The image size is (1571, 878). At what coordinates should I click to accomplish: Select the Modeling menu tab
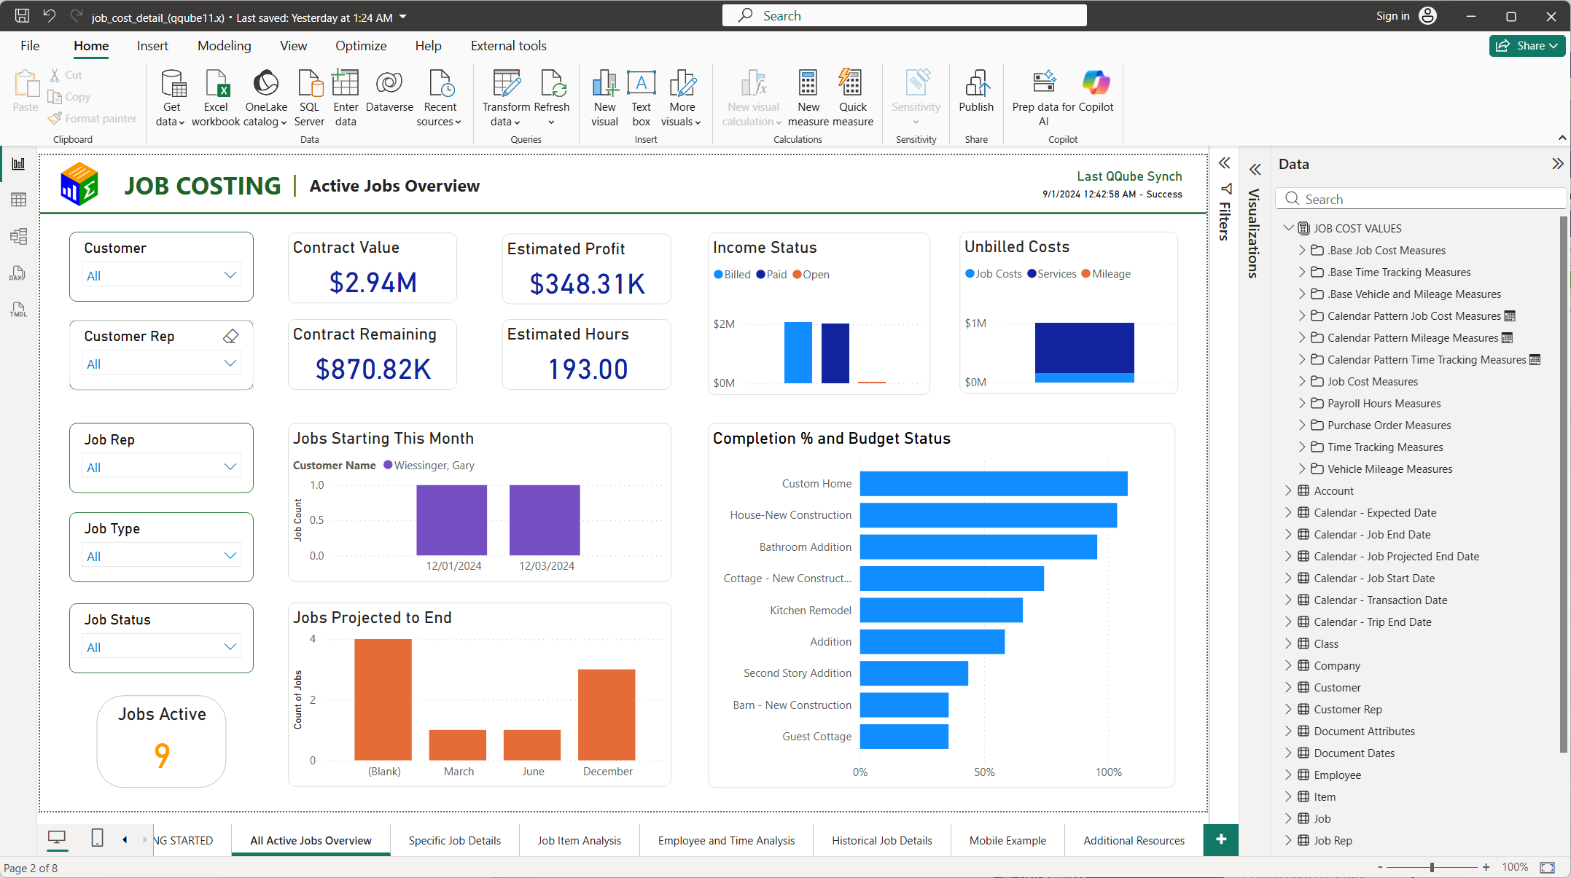click(x=224, y=46)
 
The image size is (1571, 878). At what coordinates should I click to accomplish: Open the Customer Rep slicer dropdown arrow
click(x=230, y=363)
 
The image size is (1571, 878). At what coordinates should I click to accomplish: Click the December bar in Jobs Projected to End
click(x=607, y=714)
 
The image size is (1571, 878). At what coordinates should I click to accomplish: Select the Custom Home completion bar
click(x=994, y=484)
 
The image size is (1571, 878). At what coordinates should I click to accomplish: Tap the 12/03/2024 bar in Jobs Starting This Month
click(x=545, y=520)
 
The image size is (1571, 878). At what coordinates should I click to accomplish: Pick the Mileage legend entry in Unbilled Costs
click(x=1106, y=274)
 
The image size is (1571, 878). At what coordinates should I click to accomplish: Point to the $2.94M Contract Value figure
click(x=373, y=283)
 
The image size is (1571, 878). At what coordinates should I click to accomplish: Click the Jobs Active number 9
click(x=162, y=756)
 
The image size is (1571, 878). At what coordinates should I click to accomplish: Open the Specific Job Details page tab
click(x=454, y=840)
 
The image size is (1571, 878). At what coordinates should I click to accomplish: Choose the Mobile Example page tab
click(x=1007, y=840)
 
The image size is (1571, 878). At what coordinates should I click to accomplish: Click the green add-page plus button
click(x=1221, y=839)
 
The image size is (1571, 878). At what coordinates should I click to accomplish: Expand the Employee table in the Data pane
click(x=1288, y=775)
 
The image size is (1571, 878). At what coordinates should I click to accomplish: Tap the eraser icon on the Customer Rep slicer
click(x=230, y=336)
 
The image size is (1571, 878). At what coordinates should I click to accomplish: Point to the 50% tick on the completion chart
click(x=984, y=772)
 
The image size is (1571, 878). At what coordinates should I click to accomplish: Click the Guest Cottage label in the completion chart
click(x=816, y=737)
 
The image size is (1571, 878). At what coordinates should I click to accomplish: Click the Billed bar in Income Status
click(x=798, y=353)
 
